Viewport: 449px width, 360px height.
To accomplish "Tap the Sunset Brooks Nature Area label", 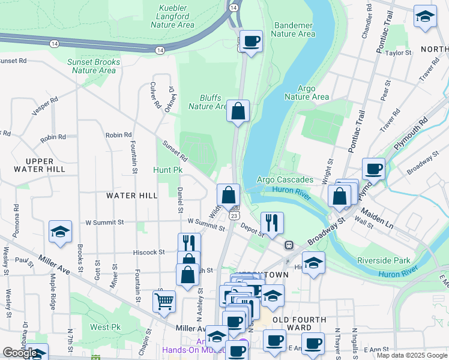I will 94,66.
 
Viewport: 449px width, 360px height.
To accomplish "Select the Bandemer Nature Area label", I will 294,29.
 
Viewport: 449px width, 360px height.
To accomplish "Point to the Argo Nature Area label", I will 306,92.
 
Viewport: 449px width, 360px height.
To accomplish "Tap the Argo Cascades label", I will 285,180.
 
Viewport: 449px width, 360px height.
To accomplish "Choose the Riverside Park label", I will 384,260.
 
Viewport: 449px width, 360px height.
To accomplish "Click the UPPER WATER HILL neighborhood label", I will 40,165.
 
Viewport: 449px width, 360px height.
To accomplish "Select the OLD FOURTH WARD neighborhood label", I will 300,324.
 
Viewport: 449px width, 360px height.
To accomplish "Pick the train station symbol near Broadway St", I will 289,245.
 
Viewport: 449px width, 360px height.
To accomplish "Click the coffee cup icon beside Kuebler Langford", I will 252,41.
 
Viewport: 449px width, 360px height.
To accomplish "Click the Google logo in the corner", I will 19,353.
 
